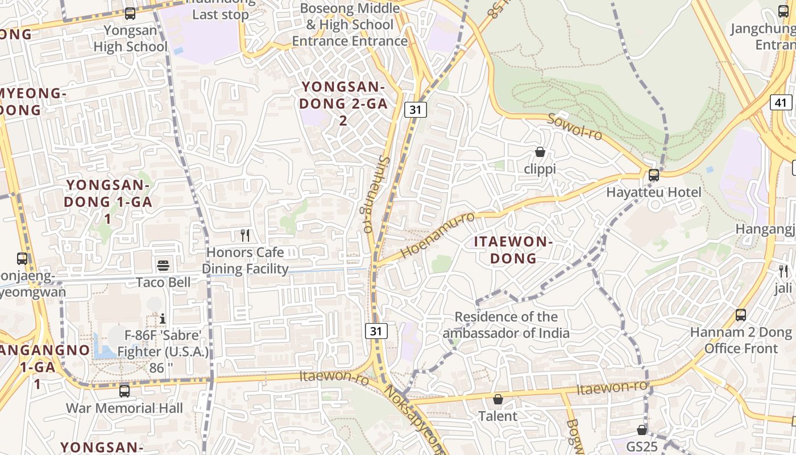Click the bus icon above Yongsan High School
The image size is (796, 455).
[x=130, y=13]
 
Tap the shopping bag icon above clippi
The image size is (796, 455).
[x=540, y=152]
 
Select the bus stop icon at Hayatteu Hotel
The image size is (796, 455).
[x=654, y=175]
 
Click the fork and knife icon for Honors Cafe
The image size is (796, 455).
[x=245, y=235]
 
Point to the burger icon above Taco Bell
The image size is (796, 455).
[x=163, y=265]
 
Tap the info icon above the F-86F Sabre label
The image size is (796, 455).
[x=163, y=318]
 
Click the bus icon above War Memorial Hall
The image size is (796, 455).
[x=125, y=391]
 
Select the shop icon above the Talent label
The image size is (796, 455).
[x=498, y=399]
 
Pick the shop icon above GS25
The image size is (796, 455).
[x=642, y=430]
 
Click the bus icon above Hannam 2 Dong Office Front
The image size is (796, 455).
[x=740, y=315]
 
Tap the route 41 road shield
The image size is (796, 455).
[x=781, y=102]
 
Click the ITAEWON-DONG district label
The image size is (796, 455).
[x=513, y=250]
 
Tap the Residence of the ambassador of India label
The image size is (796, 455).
[x=506, y=324]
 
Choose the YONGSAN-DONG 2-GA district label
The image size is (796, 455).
[x=343, y=104]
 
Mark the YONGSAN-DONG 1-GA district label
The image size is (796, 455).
[x=107, y=202]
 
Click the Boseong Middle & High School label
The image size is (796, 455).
[x=350, y=24]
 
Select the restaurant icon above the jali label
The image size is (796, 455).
[x=783, y=271]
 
